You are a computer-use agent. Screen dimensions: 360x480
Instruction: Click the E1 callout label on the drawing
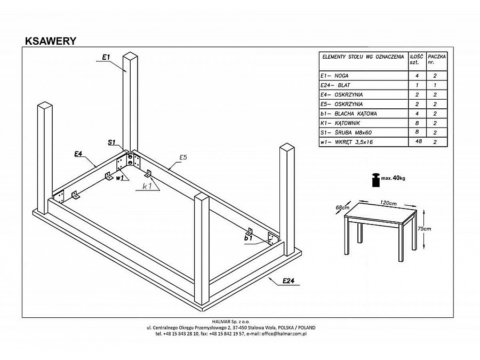coord(106,57)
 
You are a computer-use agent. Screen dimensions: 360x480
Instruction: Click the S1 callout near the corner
coord(111,142)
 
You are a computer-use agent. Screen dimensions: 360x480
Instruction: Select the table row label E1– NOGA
coord(334,76)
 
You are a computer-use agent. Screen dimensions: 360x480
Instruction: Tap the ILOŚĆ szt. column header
coord(415,59)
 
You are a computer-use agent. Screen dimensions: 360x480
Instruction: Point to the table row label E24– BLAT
coord(336,85)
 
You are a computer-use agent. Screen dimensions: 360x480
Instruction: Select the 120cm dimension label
coord(387,203)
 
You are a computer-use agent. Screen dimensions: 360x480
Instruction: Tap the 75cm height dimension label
coord(425,228)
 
